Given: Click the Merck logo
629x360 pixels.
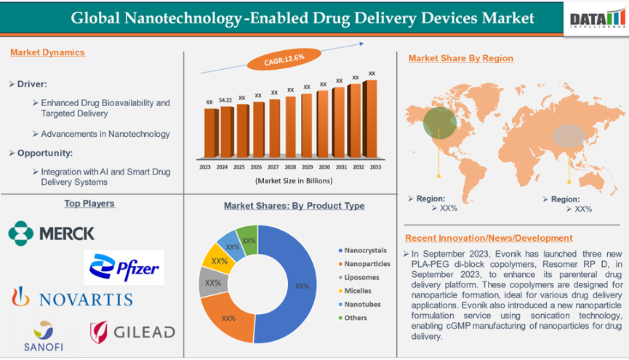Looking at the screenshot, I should [x=52, y=233].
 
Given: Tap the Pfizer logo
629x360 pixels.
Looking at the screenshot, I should [x=124, y=268].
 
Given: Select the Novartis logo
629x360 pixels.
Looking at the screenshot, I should [x=71, y=297].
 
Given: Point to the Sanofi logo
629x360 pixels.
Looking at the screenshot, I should [x=44, y=335].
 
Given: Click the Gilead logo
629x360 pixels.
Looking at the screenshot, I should [x=132, y=332].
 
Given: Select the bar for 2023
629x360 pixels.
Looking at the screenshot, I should [x=211, y=133].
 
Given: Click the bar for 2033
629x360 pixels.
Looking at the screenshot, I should [x=371, y=119].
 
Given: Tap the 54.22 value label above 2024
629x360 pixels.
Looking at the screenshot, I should [x=225, y=100].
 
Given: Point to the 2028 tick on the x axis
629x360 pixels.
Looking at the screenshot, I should [x=290, y=167].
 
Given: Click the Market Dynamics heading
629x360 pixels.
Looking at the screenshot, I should [x=47, y=52].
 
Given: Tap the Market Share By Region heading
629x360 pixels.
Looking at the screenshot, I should [x=461, y=58].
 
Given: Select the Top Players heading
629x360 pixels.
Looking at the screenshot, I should [x=89, y=204].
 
